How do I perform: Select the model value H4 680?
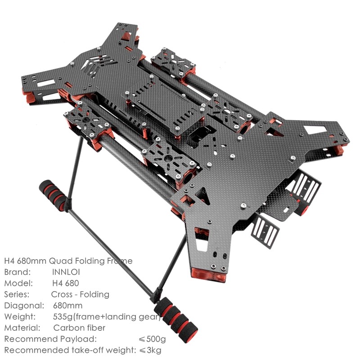point(65,283)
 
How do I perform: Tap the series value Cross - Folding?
point(80,294)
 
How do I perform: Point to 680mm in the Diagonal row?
point(67,306)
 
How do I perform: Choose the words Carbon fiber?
point(79,328)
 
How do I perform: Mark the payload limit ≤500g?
point(153,339)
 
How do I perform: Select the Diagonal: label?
point(23,306)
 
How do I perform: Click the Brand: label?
point(18,272)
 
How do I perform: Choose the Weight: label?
point(20,317)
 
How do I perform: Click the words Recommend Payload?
point(50,339)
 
